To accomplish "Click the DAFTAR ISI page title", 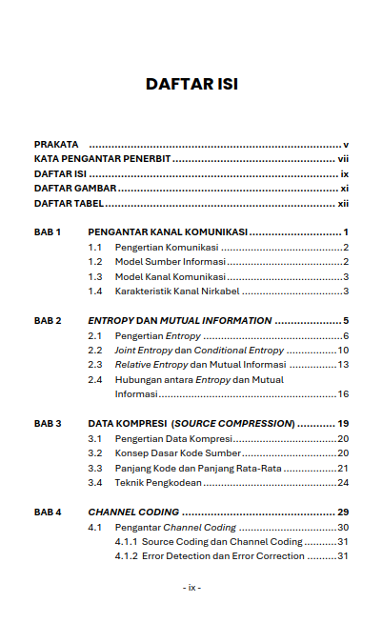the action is [x=191, y=84].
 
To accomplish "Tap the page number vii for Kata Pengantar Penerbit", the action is [x=344, y=159].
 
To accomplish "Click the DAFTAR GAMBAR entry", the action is [x=74, y=189].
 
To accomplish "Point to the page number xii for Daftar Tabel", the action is [x=343, y=204].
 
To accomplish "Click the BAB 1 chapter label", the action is [x=48, y=232].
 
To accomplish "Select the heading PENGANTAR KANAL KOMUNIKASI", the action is [x=168, y=232].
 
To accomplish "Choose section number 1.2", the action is [x=95, y=262].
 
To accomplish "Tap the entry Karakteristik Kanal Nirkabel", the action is [x=177, y=291].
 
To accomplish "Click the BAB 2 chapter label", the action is [x=48, y=321].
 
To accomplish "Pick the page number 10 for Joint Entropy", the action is [x=343, y=351].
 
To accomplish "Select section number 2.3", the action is [x=95, y=365].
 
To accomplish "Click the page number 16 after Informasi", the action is [x=343, y=393].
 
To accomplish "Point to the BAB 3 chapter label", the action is [x=48, y=423].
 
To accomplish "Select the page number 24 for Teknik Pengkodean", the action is [x=343, y=483].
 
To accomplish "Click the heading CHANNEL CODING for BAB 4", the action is [x=132, y=512].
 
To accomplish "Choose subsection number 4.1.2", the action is [x=125, y=556].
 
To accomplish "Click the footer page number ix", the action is [x=191, y=587].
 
